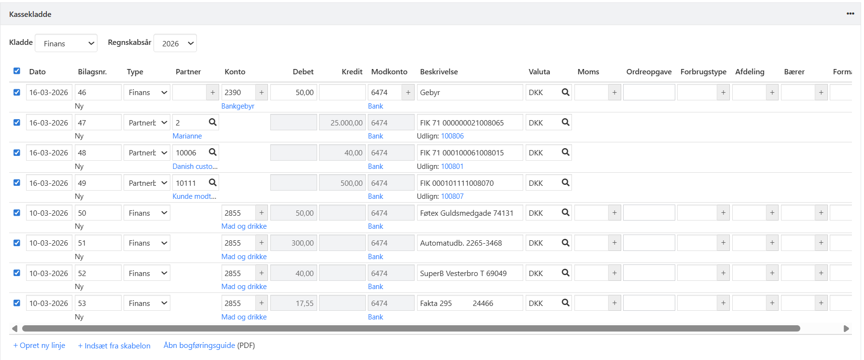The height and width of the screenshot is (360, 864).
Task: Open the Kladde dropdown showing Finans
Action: pyautogui.click(x=66, y=43)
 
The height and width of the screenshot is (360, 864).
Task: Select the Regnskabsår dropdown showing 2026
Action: pyautogui.click(x=175, y=43)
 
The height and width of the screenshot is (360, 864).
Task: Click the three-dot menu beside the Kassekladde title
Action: pyautogui.click(x=850, y=14)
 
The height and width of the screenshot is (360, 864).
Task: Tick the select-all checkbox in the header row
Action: pyautogui.click(x=17, y=71)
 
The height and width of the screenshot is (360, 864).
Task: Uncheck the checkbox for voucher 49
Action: pyautogui.click(x=17, y=183)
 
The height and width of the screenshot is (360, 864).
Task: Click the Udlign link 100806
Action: pyautogui.click(x=452, y=136)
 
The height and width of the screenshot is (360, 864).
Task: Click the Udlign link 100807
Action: pyautogui.click(x=452, y=196)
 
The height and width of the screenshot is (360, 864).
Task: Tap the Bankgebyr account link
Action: pyautogui.click(x=237, y=106)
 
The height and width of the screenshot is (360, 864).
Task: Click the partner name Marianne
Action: pyautogui.click(x=187, y=136)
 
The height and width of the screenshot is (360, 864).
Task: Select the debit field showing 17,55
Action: pyautogui.click(x=293, y=304)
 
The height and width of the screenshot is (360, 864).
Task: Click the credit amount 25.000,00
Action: pyautogui.click(x=342, y=123)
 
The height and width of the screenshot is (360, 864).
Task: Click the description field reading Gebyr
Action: pyautogui.click(x=470, y=93)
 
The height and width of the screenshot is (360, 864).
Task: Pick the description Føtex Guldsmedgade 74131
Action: pyautogui.click(x=470, y=213)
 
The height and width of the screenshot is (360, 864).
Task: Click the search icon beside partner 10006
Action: pyautogui.click(x=212, y=152)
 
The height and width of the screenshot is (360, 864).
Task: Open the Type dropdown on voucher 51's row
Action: pyautogui.click(x=147, y=243)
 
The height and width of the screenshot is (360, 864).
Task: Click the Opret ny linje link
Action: pyautogui.click(x=39, y=346)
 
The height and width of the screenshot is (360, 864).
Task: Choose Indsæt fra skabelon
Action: pyautogui.click(x=114, y=346)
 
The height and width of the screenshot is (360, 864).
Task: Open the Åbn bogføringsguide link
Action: pyautogui.click(x=199, y=346)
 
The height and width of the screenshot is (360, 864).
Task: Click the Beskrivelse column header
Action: pyautogui.click(x=439, y=72)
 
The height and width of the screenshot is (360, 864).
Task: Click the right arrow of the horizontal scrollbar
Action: pyautogui.click(x=846, y=329)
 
